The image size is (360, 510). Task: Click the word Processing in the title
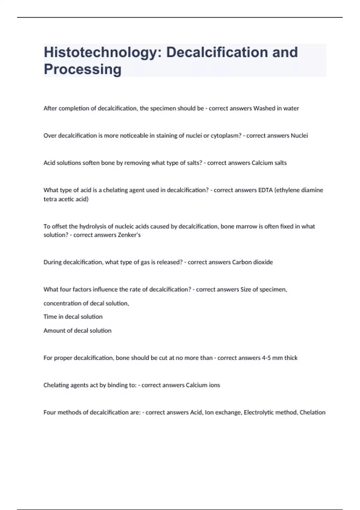82,69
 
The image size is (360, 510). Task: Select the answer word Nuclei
299,136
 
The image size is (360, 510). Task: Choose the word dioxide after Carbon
263,262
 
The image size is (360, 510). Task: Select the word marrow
251,226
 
